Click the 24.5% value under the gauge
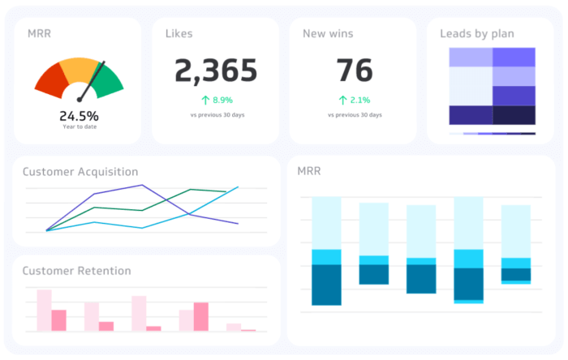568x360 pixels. [79, 116]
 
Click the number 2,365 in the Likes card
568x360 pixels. [216, 71]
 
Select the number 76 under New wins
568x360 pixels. [354, 71]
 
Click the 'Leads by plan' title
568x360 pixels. [476, 34]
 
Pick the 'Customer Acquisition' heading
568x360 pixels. [80, 172]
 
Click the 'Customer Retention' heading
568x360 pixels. [76, 271]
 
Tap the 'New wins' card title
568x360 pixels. [328, 34]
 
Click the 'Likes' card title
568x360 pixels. [179, 34]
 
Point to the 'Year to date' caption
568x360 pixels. [79, 126]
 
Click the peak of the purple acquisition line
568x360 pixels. [143, 185]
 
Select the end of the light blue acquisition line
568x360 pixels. [238, 187]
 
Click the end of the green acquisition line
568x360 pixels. [226, 192]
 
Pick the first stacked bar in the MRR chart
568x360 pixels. [326, 251]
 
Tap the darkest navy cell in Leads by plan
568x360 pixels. [514, 115]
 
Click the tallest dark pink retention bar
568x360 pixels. [200, 316]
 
